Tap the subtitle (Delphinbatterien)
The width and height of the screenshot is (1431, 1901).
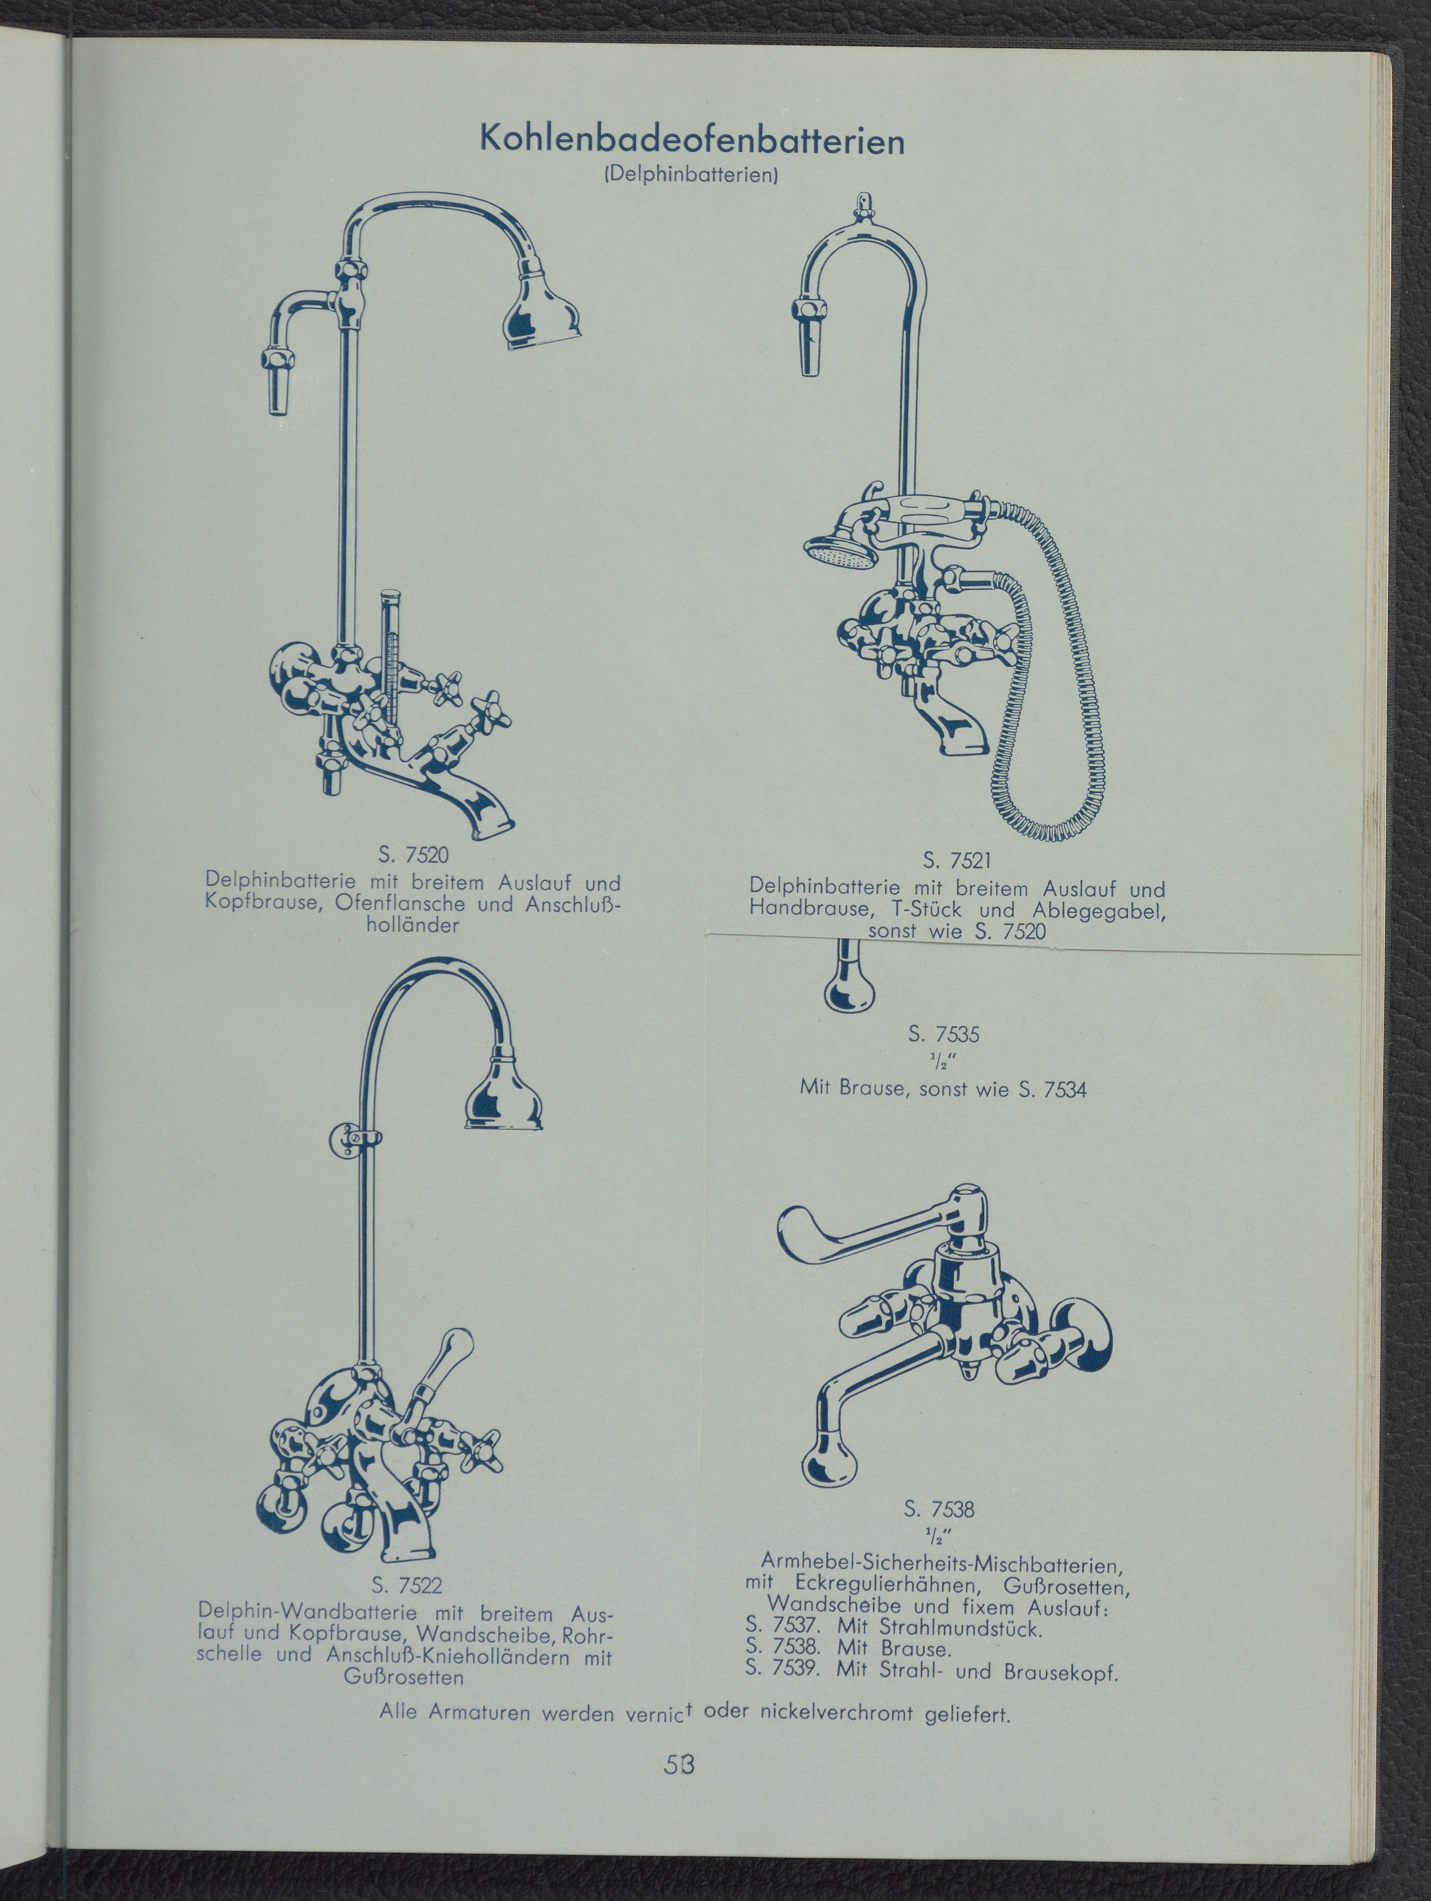click(x=692, y=175)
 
